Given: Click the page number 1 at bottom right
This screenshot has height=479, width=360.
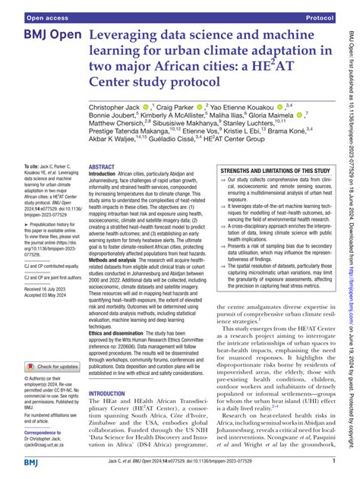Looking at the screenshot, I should click(334, 460).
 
